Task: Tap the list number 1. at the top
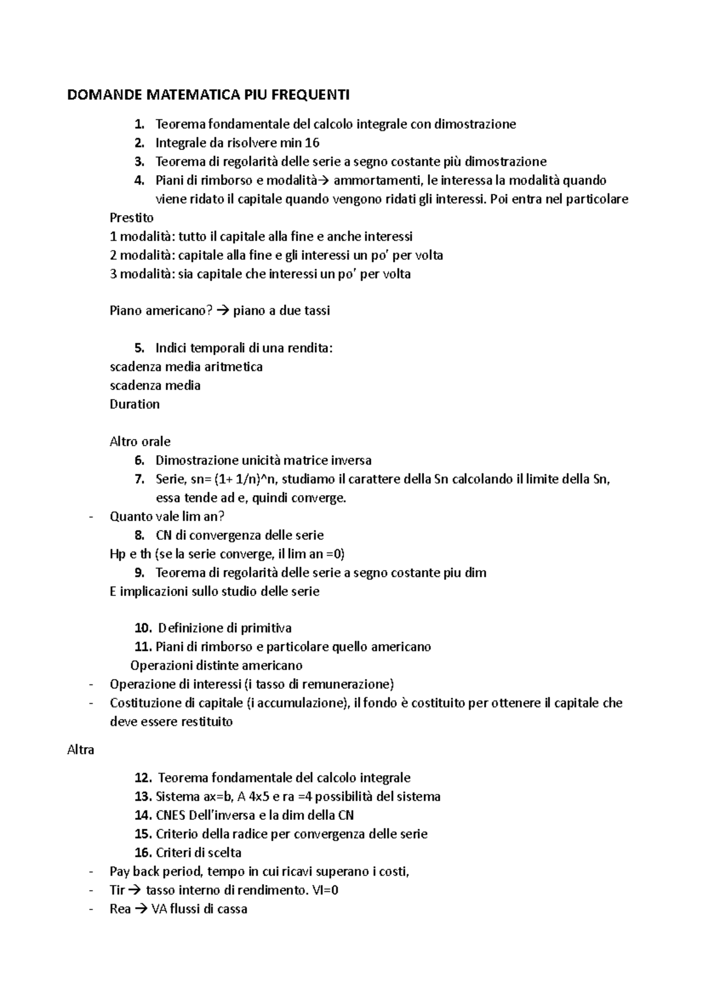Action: click(139, 124)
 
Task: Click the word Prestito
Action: click(132, 218)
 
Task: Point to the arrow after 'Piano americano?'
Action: click(221, 311)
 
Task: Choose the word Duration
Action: click(135, 404)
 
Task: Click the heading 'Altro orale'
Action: click(140, 442)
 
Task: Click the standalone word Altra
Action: click(81, 750)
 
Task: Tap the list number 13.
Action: click(143, 797)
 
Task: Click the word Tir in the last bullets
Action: click(117, 891)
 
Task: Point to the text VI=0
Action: click(325, 891)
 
